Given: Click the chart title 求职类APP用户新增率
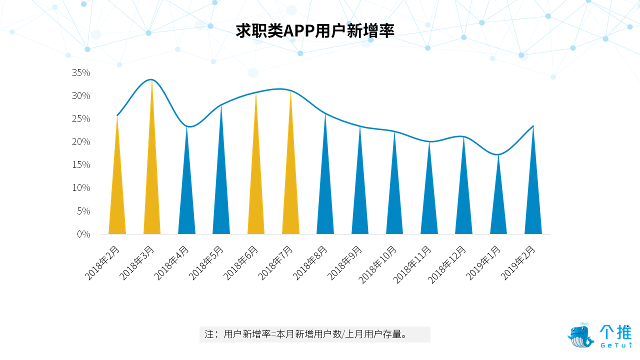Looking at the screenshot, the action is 315,31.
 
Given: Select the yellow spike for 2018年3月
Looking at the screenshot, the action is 151,171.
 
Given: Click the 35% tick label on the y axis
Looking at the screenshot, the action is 81,72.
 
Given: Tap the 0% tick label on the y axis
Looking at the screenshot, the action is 83,234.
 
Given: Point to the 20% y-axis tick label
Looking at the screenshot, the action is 81,141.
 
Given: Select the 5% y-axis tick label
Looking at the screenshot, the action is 83,211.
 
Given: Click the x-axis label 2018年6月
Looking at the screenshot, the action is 240,263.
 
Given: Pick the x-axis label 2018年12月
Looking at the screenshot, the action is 446,264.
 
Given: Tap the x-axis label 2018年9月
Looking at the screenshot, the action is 344,263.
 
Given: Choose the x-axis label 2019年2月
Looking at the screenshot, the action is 517,263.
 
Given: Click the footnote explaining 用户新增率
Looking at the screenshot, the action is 314,334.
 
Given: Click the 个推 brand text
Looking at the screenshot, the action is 615,332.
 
